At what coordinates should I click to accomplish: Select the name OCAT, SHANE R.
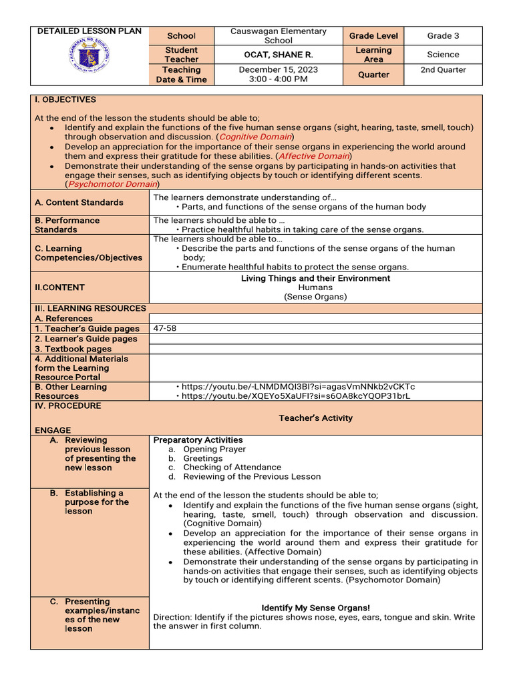click(x=279, y=55)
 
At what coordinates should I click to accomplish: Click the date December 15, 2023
click(x=279, y=69)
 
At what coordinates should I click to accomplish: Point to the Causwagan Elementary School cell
click(x=279, y=36)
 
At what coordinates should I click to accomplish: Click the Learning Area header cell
click(x=373, y=55)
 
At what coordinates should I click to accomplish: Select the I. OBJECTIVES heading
click(x=65, y=100)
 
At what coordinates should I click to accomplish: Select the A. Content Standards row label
click(x=79, y=203)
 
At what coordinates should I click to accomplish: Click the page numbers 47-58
click(x=165, y=329)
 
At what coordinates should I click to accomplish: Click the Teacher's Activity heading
click(x=315, y=418)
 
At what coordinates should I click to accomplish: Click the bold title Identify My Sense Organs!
click(x=315, y=608)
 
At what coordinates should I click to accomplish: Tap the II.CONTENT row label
click(x=60, y=287)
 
